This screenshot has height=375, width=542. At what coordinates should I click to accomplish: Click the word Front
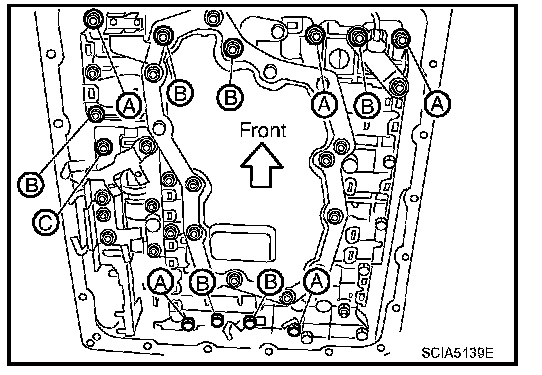click(263, 130)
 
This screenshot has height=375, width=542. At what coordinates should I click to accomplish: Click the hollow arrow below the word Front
click(262, 166)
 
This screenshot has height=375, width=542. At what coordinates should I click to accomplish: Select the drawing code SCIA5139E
click(457, 353)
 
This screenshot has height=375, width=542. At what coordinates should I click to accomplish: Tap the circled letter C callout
click(46, 222)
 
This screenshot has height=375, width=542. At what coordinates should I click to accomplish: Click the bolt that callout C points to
click(103, 147)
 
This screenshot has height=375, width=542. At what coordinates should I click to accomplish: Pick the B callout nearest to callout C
click(31, 185)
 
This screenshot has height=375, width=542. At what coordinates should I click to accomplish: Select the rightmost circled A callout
click(438, 103)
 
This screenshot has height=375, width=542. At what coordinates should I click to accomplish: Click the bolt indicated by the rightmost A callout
click(401, 38)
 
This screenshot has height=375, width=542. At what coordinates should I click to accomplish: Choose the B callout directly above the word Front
click(230, 97)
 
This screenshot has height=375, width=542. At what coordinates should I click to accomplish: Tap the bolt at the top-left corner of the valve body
click(93, 19)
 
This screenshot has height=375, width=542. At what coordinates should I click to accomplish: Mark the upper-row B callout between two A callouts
click(367, 105)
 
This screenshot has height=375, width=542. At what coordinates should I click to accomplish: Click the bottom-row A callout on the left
click(160, 282)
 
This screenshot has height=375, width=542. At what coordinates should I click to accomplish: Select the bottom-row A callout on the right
click(316, 281)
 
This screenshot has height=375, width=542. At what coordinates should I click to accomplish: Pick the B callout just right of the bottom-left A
click(203, 283)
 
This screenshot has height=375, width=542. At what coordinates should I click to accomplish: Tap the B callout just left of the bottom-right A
click(270, 282)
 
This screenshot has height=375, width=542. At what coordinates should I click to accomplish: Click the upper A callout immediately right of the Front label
click(324, 103)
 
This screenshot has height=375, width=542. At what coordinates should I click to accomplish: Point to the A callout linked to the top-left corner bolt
click(129, 105)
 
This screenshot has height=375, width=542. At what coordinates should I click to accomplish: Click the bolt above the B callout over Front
click(232, 48)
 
